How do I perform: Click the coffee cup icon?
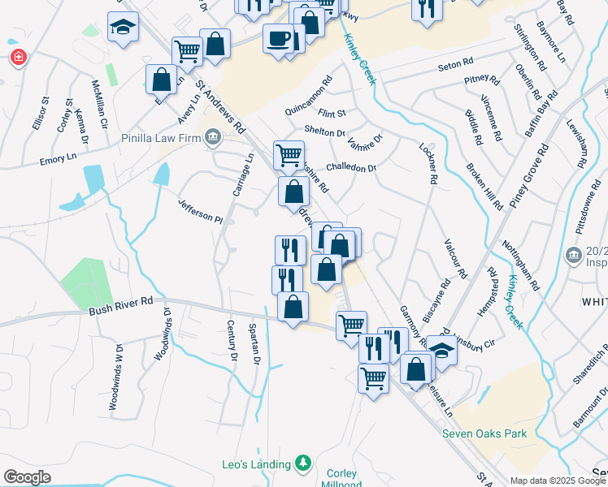point(278,38)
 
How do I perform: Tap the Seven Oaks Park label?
point(484,433)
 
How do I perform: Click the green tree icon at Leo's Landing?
point(302,463)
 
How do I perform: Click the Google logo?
point(27,476)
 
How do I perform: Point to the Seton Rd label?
point(455,63)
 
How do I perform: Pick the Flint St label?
point(332,113)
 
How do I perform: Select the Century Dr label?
point(232,341)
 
